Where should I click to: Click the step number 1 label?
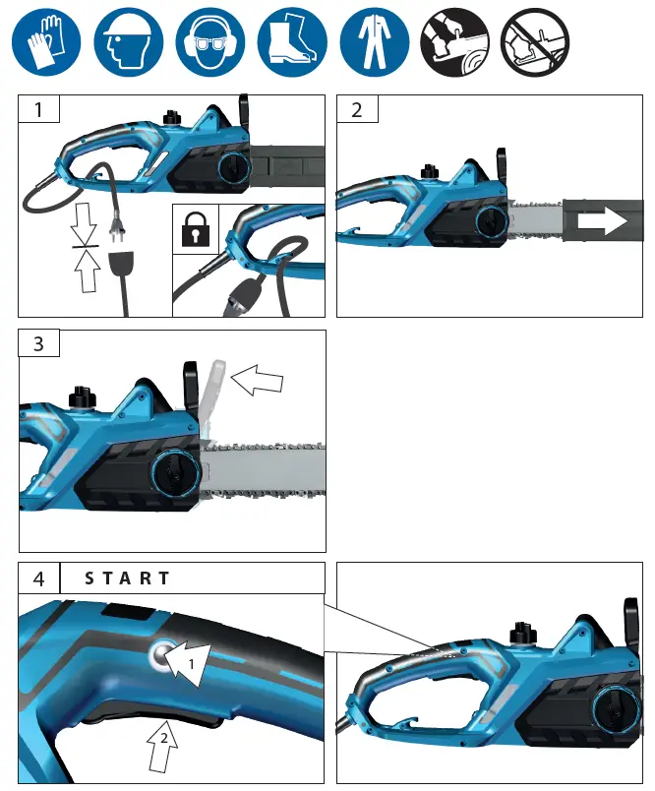point(39,109)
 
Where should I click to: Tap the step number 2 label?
point(357,109)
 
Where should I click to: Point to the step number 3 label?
point(39,343)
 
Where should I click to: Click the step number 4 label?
point(39,578)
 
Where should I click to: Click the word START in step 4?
point(128,578)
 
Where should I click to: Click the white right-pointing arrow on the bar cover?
point(603,221)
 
